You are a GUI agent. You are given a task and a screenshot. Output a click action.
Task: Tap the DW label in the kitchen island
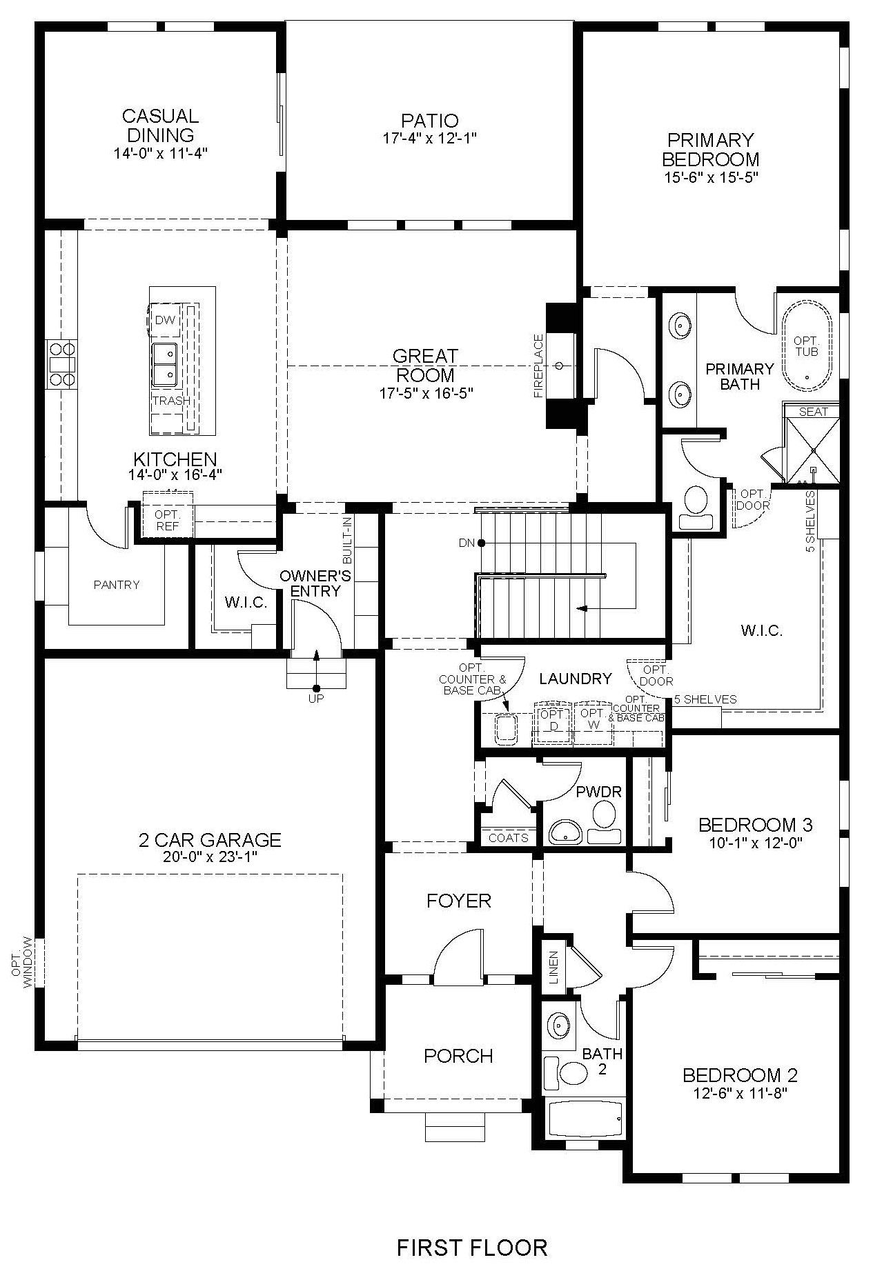[164, 320]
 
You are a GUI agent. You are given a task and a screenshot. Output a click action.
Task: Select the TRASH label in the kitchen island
[171, 401]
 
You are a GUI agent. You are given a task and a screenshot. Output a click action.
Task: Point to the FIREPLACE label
[539, 366]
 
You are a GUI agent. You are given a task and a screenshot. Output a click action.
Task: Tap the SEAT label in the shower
[813, 412]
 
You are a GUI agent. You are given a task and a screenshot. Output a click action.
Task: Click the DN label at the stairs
[467, 543]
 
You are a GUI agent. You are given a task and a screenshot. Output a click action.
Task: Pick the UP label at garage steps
[316, 698]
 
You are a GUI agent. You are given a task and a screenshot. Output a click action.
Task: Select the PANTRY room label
[117, 585]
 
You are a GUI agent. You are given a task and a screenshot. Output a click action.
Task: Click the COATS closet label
[509, 837]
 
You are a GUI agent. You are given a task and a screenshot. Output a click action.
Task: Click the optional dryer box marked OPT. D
[553, 722]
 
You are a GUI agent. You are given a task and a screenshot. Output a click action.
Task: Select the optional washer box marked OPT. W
[592, 722]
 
